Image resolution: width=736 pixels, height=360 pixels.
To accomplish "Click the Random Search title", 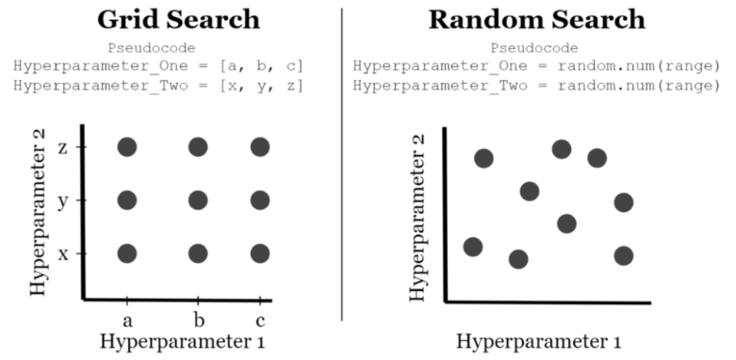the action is click(x=537, y=20).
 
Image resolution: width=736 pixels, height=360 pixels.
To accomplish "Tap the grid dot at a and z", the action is click(x=127, y=147).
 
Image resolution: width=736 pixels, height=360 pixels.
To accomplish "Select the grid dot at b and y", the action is click(x=197, y=200).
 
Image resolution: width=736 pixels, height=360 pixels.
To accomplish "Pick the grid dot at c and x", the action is click(x=260, y=254).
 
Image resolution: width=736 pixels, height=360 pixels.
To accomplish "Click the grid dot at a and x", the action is click(x=127, y=254).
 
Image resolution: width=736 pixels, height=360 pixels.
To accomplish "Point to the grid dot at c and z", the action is click(x=260, y=147).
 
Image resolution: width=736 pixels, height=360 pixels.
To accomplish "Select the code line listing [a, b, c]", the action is click(x=157, y=66).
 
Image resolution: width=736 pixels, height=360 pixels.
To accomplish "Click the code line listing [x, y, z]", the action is click(x=157, y=85).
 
